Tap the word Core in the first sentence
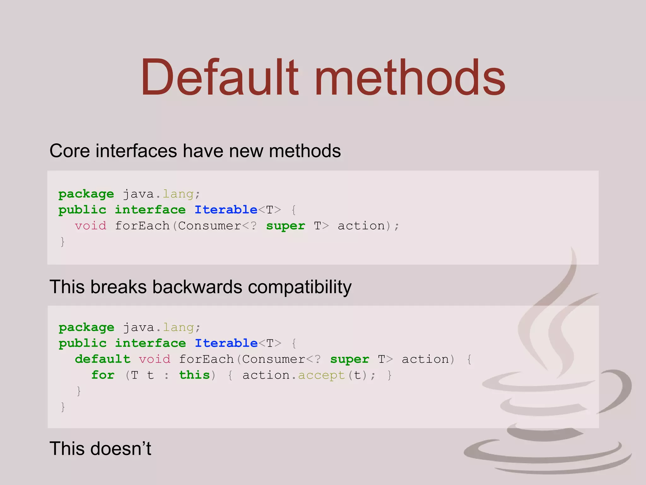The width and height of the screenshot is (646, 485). (x=70, y=151)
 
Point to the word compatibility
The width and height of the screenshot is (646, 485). (x=300, y=287)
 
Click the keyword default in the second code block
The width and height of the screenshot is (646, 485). (x=103, y=359)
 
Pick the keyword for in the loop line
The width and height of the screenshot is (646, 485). (x=103, y=375)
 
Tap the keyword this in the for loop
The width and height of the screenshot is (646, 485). (x=194, y=375)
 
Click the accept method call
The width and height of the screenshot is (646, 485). (x=321, y=375)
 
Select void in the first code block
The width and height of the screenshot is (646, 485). (x=91, y=226)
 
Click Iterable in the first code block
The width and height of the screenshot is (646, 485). (x=226, y=210)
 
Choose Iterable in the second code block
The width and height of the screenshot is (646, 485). (x=226, y=343)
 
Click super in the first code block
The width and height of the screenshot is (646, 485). (x=285, y=226)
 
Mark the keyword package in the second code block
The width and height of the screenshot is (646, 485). (x=86, y=327)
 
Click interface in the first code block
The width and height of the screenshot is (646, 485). (x=150, y=210)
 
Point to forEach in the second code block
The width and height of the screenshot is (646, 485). (x=206, y=359)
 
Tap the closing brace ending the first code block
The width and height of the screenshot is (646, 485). (x=62, y=242)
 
